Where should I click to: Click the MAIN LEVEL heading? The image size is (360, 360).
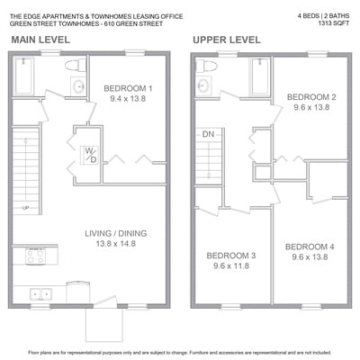coord(40,40)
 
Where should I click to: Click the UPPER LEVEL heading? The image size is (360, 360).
coord(227,40)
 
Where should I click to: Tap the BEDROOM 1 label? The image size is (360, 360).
coord(128,88)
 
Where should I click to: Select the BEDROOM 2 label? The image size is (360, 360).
coord(311,97)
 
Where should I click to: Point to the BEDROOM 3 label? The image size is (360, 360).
coord(231,256)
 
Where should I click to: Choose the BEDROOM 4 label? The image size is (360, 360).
coord(310,247)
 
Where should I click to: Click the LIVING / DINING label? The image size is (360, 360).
coord(116,233)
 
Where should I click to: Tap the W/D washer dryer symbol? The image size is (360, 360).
coord(90,156)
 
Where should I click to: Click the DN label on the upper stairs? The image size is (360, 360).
coord(208,134)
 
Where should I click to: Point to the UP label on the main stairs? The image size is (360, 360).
coord(25,207)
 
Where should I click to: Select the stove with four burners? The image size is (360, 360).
coord(35,256)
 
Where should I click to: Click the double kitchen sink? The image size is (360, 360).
coord(40,294)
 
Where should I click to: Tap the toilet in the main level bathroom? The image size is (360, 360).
coord(76,65)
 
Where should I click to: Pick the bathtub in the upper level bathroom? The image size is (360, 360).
coord(260,76)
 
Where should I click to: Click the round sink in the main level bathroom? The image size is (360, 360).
coord(78,86)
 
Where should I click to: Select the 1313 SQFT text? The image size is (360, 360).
coord(334,23)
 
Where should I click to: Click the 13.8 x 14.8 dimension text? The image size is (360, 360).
coord(116,244)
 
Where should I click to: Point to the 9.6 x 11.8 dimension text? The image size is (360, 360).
coord(231,265)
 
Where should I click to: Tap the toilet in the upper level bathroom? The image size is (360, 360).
coord(205,66)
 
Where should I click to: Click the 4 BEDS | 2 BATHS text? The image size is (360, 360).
coord(323,16)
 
